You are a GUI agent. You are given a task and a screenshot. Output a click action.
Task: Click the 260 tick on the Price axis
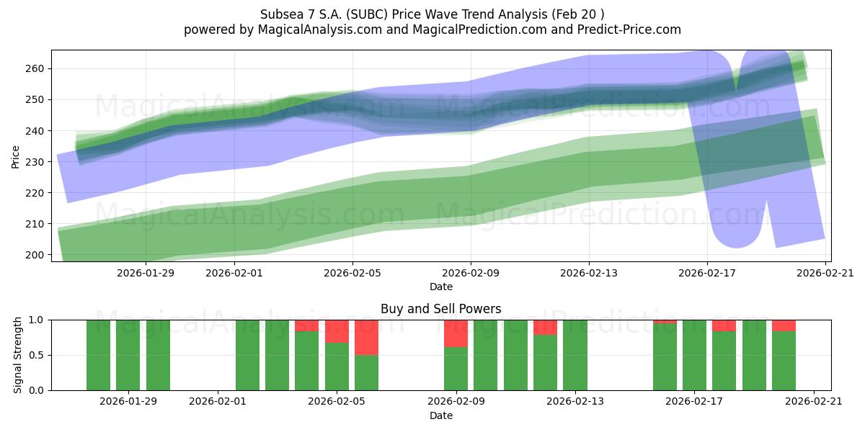(x=37, y=68)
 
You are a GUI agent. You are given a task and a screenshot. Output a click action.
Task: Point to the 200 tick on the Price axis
(x=37, y=255)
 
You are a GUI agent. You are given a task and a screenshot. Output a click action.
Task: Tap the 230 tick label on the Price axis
(x=37, y=162)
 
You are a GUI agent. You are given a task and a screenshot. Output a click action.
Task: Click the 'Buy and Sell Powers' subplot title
(x=440, y=309)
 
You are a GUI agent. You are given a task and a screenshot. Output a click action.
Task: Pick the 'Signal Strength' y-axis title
(x=18, y=355)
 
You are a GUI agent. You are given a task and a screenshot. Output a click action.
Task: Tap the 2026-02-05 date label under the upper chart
(x=352, y=273)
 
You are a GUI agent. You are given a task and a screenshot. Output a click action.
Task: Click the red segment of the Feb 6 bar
(x=366, y=337)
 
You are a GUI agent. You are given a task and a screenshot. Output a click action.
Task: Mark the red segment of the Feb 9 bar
(x=456, y=333)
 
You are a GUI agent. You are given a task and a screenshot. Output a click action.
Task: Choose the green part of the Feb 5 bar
(x=337, y=366)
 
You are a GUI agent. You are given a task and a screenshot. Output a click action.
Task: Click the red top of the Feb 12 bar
(x=545, y=327)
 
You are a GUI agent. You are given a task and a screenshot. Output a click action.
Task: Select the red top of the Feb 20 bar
(x=784, y=325)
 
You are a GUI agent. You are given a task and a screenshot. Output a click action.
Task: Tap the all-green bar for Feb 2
(x=247, y=355)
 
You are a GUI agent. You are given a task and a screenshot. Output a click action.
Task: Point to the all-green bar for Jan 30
(x=158, y=355)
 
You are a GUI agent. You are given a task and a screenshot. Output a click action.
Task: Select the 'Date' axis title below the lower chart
(x=440, y=415)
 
